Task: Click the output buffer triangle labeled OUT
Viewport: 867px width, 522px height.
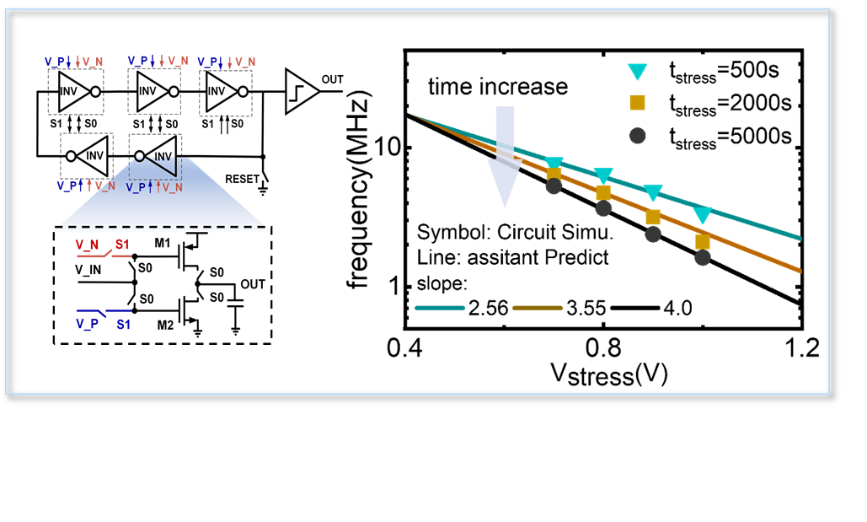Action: click(300, 90)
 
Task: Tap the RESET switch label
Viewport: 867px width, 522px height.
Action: click(241, 179)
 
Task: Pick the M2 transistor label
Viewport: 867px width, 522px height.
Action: click(165, 325)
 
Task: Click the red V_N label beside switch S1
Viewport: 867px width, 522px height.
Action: click(88, 245)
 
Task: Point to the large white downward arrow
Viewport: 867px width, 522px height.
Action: click(505, 156)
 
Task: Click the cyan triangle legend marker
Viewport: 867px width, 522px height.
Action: click(638, 72)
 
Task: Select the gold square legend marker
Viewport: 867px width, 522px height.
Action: click(638, 102)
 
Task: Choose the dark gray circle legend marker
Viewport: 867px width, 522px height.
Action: click(638, 136)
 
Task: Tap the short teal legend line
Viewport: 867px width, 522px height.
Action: click(439, 308)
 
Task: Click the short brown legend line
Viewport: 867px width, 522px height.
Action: click(538, 308)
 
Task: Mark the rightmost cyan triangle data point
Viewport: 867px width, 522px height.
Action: click(703, 215)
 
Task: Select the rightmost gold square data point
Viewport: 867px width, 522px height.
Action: click(703, 242)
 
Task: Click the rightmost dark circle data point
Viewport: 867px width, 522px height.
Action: click(703, 258)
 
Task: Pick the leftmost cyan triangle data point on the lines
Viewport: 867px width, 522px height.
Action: click(554, 164)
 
